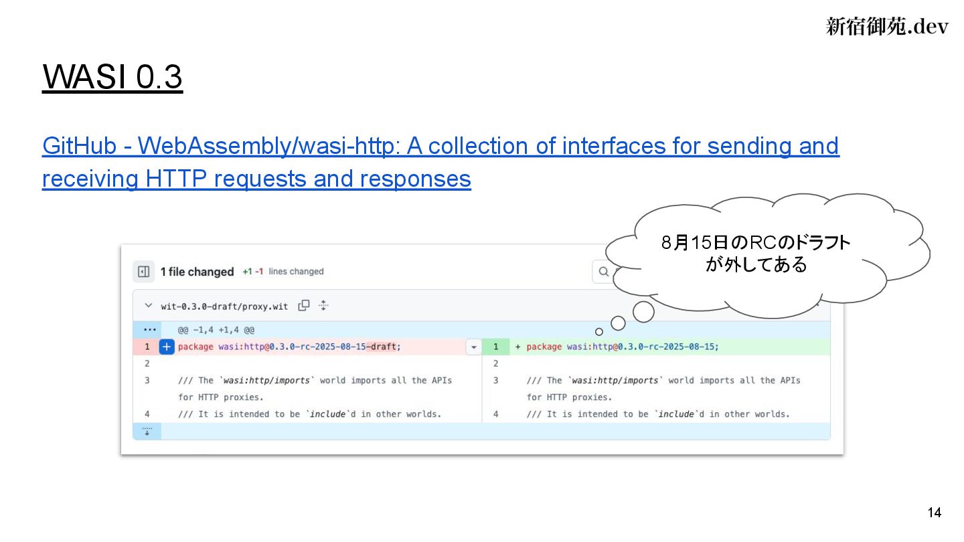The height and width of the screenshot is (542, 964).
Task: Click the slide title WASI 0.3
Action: click(112, 78)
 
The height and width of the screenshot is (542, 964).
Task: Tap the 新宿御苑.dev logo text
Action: click(887, 26)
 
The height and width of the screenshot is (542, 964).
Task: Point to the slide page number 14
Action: click(935, 513)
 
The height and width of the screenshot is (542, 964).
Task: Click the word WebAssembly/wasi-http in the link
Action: click(268, 146)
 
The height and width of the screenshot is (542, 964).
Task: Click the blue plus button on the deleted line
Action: click(167, 347)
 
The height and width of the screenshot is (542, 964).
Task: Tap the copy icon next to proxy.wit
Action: click(304, 306)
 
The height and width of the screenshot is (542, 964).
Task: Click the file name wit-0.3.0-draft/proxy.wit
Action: click(224, 306)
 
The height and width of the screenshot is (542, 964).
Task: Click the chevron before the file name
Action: click(148, 306)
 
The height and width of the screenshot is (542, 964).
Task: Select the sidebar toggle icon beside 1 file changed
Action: click(143, 272)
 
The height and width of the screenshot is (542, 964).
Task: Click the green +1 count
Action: click(247, 272)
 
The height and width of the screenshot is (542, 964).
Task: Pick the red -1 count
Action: click(259, 272)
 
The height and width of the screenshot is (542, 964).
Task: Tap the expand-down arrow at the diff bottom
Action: click(147, 431)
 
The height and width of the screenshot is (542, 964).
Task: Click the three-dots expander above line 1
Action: click(147, 330)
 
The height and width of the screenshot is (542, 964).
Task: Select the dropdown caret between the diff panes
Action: click(473, 347)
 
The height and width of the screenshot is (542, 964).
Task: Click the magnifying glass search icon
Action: click(604, 272)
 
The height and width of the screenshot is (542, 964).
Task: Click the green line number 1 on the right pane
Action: click(496, 347)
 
